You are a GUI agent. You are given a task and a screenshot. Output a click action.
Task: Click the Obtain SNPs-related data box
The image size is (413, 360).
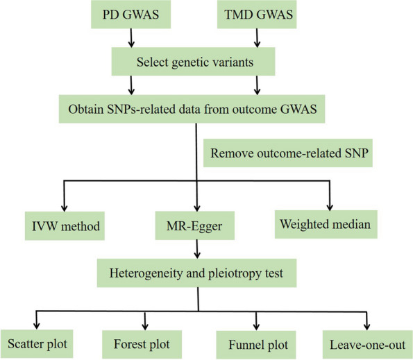point(196,108)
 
